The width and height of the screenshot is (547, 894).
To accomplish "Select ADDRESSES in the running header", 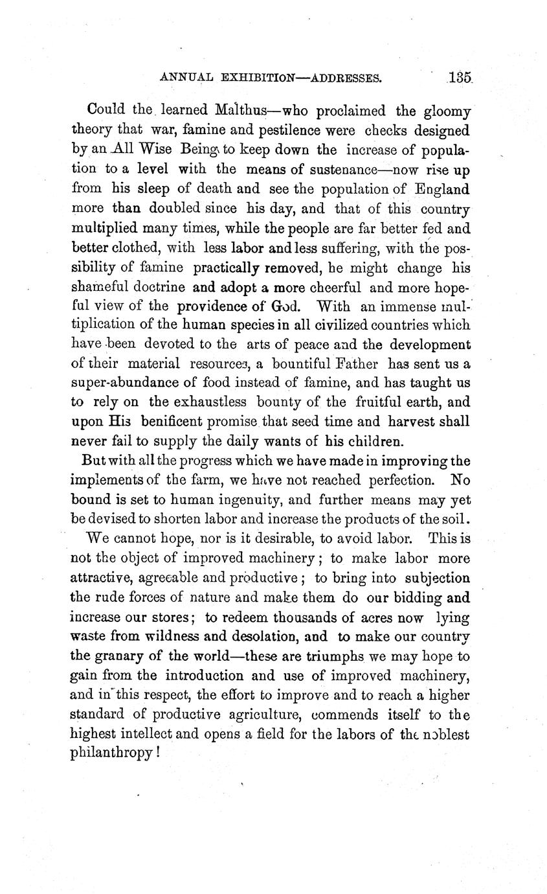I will click(346, 79).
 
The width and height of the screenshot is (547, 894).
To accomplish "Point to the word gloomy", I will click(447, 111).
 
